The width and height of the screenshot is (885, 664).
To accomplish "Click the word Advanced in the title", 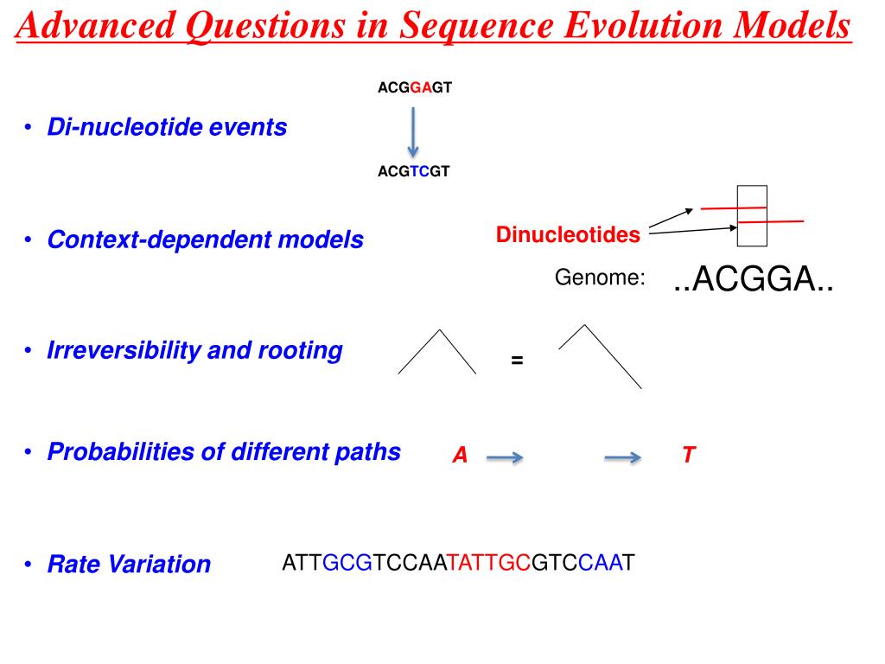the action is point(96,25).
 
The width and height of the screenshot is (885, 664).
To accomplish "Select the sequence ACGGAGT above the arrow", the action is point(415,87).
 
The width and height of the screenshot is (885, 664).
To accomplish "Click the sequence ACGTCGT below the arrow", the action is point(414,171).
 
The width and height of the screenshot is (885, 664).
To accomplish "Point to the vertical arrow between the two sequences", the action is point(413,132).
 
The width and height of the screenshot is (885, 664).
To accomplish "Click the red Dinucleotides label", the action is point(568,234).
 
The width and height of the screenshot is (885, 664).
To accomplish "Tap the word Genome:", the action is point(600,278).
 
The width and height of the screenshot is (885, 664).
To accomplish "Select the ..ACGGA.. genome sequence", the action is point(754,279).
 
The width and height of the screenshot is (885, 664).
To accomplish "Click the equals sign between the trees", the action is point(517,360).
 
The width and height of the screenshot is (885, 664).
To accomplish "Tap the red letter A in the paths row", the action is point(460,455).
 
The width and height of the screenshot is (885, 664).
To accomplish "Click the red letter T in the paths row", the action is point(689,455).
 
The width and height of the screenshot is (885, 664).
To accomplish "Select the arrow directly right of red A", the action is point(505,456).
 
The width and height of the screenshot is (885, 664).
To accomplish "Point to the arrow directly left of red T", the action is point(622,456).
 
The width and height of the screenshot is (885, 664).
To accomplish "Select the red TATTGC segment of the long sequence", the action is point(489,562).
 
